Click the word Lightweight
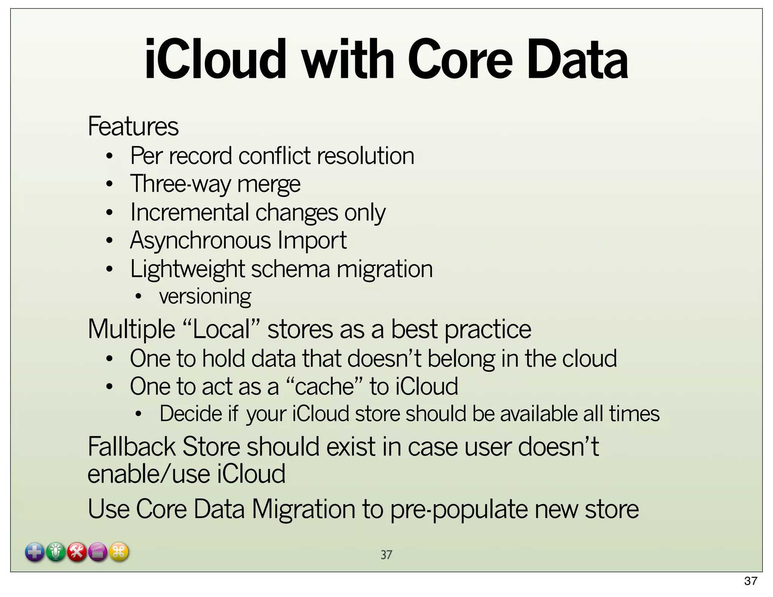188,269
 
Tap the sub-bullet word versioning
205,296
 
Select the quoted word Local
221,329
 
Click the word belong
461,359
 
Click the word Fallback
131,447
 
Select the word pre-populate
459,509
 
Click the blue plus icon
34,552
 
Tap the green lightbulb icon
56,552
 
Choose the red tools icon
77,552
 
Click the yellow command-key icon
119,552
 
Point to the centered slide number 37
386,555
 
